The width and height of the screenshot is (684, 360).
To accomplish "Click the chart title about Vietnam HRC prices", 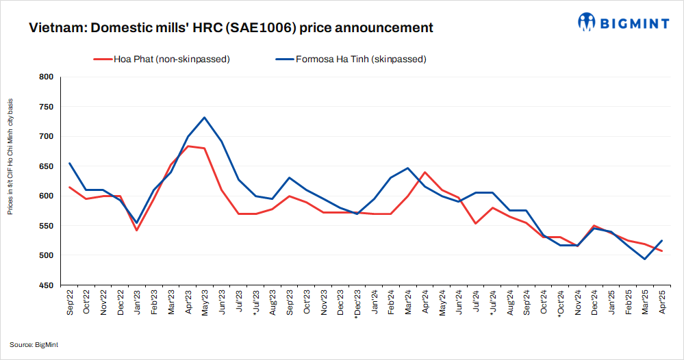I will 231,28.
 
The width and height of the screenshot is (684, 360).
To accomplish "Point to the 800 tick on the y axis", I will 45,77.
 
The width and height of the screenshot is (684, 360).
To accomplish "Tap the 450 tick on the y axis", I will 45,285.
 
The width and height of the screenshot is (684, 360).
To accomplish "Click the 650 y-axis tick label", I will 45,166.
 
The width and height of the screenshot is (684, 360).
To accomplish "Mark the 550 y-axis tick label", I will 45,226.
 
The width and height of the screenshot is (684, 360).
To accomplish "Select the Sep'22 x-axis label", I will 71,302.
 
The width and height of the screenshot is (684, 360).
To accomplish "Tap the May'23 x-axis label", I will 205,302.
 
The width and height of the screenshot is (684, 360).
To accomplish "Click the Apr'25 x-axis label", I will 661,302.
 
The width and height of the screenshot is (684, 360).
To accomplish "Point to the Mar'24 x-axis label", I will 408,302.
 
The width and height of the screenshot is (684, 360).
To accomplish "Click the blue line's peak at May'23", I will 205,118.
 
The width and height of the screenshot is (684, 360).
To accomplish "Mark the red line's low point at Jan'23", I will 137,230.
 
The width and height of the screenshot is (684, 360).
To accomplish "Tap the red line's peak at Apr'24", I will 425,172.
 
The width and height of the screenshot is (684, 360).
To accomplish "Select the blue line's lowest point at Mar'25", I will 645,259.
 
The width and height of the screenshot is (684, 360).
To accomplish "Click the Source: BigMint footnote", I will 34,344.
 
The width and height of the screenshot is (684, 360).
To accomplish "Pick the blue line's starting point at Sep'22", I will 70,164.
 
